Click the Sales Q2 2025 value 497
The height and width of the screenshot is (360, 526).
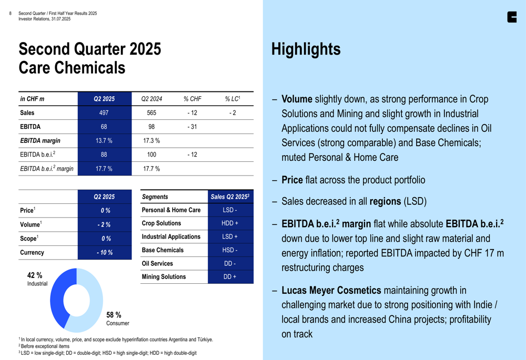coord(104,112)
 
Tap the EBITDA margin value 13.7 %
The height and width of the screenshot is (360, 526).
coord(104,140)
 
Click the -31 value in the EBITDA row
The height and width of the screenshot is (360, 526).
coord(193,127)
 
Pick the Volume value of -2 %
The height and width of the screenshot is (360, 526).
coord(104,224)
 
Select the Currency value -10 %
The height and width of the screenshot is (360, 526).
coord(104,252)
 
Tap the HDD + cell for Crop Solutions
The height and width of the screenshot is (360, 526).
coord(230,223)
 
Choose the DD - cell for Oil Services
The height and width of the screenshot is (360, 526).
coord(230,263)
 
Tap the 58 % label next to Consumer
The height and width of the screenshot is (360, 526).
coord(114,315)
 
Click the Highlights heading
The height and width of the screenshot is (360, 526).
coord(306,49)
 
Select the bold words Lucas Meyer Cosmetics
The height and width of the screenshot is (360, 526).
coord(332,290)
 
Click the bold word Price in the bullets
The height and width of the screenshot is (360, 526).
coord(292,180)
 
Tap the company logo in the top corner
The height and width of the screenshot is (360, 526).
coord(512,17)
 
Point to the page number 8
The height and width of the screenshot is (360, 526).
coord(11,13)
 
